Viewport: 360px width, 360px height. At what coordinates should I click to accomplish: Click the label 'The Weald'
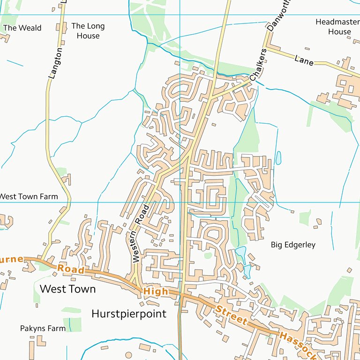pos(22,28)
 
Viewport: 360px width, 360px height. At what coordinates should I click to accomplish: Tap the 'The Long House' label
pos(88,31)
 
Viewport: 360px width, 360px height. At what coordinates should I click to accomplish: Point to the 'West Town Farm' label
pos(28,196)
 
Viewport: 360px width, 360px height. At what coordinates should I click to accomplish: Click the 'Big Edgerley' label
pos(293,245)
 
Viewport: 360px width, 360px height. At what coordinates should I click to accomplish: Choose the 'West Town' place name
pos(67,289)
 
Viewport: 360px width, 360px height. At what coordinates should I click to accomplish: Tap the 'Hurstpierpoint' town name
pos(129,314)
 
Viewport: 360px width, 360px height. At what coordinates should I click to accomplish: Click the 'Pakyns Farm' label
pos(43,328)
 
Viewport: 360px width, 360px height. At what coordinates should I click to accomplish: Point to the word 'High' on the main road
pos(155,292)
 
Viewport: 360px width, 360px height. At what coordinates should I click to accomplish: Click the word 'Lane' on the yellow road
pos(304,60)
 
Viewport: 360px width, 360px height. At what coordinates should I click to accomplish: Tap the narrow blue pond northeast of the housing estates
pos(278,157)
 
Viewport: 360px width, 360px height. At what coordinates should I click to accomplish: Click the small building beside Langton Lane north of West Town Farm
pos(67,179)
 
